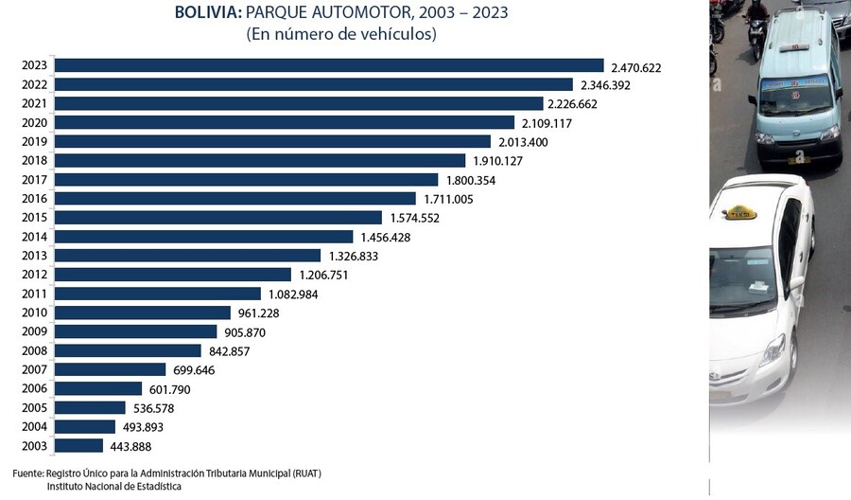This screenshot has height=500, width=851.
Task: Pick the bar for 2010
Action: (x=143, y=312)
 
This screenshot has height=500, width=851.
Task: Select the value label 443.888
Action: (x=131, y=446)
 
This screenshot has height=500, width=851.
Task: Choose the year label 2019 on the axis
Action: (x=36, y=142)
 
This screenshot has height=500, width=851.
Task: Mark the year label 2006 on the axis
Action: (x=36, y=388)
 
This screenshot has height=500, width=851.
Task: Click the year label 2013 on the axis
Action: (x=36, y=256)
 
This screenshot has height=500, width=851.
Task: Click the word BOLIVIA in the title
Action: (x=207, y=12)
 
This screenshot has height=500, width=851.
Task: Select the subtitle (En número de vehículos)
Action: (x=341, y=34)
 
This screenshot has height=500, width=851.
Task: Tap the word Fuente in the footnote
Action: (x=27, y=473)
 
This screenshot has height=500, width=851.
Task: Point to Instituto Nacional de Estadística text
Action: (x=114, y=486)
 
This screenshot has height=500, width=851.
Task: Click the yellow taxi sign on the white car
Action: (x=740, y=212)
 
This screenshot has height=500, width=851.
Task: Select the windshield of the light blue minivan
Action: (x=795, y=95)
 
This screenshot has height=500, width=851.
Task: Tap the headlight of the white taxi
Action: (x=773, y=350)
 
